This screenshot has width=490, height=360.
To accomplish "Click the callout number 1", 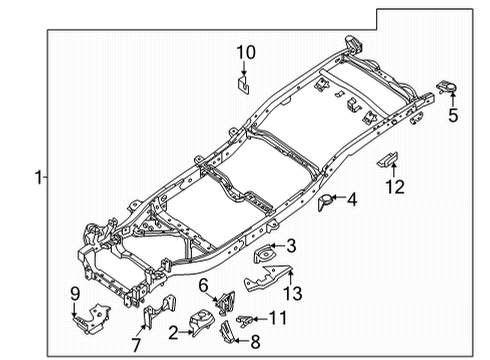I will pos(37,178).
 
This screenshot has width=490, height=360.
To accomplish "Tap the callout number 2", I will pos(173,333).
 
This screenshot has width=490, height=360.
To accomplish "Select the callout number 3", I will pos(291,244).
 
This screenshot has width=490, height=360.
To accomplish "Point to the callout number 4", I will pos(352,200).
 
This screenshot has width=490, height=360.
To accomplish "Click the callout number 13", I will pos(292,292).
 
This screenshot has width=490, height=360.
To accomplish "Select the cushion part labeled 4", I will pos(324,203).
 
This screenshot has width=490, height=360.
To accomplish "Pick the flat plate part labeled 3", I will pos(265,256).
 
